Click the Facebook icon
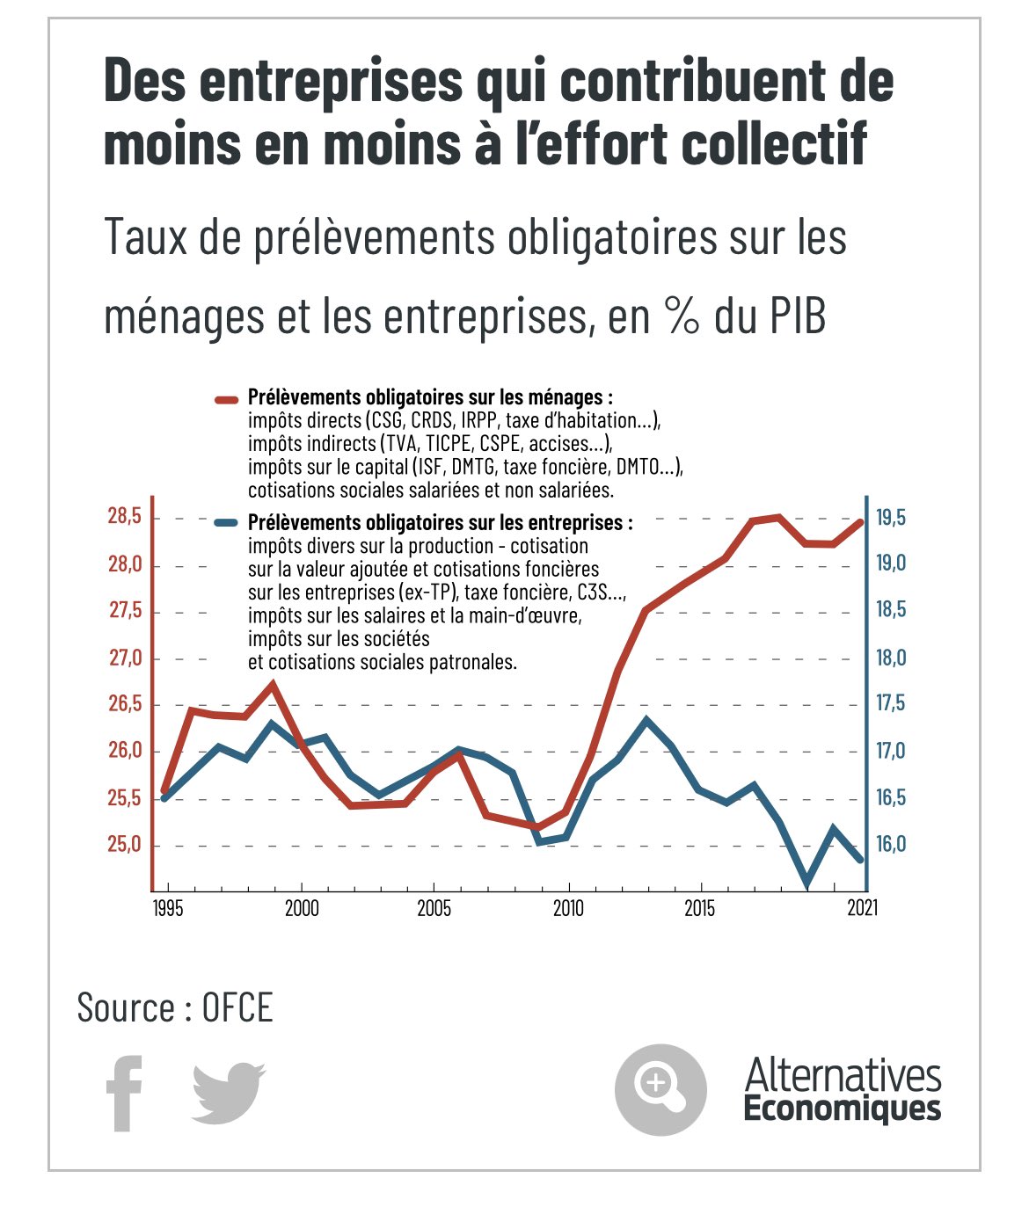click(124, 1093)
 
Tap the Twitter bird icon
click(228, 1093)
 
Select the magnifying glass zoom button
click(660, 1089)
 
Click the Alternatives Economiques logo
click(842, 1090)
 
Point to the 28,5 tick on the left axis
click(125, 517)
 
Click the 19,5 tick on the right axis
click(890, 517)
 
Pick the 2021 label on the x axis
click(862, 908)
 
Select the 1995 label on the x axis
click(168, 908)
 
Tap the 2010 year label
click(568, 908)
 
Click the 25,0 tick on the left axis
click(125, 845)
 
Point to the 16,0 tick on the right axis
click(890, 845)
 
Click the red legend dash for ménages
click(227, 399)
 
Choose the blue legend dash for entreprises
click(227, 523)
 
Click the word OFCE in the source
click(237, 1007)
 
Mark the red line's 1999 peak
click(273, 684)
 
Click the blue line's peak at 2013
click(646, 720)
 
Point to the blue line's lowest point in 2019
click(806, 884)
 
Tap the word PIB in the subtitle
click(799, 316)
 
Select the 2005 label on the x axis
click(434, 908)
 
